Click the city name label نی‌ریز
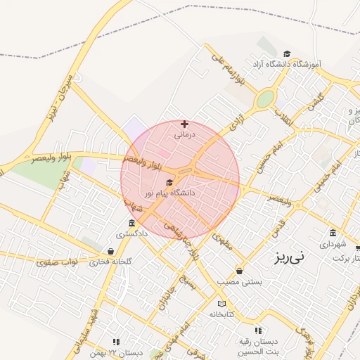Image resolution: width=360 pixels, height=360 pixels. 290,257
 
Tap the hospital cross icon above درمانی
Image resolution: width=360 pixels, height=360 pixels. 184,124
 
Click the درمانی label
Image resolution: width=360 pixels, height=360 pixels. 184,133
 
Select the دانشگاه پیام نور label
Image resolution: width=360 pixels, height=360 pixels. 169,192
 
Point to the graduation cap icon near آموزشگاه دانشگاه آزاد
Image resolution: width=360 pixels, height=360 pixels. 286,54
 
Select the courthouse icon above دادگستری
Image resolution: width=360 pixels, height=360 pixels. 132,224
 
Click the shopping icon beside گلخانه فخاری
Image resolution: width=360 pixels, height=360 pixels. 110,251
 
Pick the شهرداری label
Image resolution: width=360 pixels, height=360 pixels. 333,244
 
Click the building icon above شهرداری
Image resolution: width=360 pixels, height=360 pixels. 333,233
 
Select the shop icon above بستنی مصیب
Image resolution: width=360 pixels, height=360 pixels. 240,271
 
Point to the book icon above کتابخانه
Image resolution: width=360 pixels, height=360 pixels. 222,304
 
